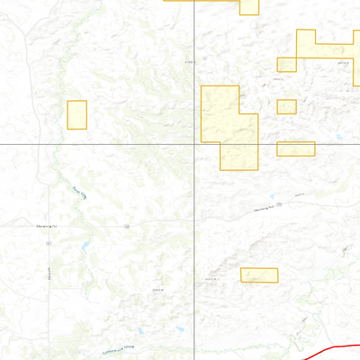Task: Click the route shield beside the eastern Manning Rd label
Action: click(280, 204)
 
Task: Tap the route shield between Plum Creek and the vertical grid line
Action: click(128, 226)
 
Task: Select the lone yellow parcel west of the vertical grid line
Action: click(76, 114)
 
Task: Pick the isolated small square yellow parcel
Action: click(286, 106)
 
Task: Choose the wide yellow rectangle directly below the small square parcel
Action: click(295, 148)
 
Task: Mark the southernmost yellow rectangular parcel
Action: click(259, 274)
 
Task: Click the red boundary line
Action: click(337, 346)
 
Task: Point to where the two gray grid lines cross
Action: click(196, 144)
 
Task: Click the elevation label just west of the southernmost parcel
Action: click(212, 280)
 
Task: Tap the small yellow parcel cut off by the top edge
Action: click(249, 7)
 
